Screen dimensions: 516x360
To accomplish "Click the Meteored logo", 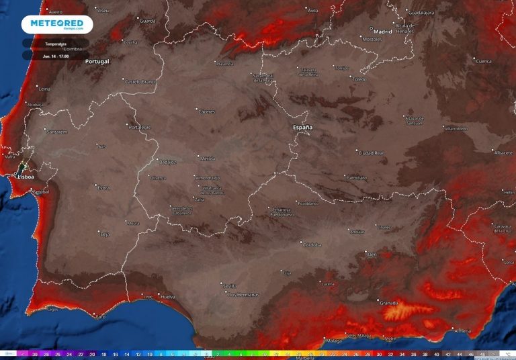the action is (56, 24).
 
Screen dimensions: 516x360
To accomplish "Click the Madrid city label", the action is (382, 31).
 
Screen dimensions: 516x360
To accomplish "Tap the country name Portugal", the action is (97, 61).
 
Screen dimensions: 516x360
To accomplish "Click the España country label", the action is (302, 126).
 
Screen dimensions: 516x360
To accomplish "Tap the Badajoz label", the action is (167, 162).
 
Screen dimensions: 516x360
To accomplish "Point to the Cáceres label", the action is (206, 111).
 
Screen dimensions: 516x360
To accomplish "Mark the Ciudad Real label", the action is (371, 153).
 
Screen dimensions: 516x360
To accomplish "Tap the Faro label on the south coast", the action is (100, 316).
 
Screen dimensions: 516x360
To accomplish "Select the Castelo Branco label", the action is (139, 81).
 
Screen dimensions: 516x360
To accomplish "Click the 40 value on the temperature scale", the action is (436, 353).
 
